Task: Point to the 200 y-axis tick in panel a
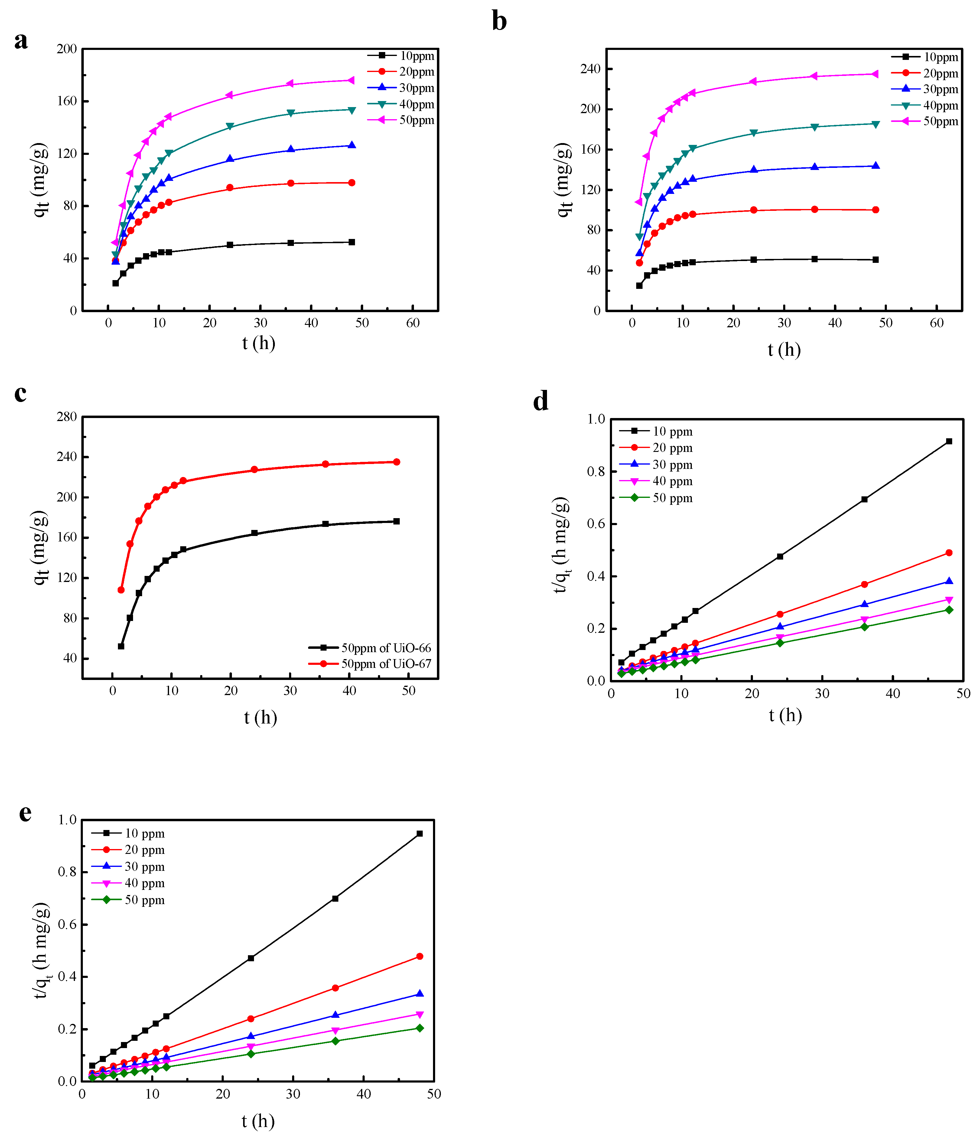click(x=67, y=49)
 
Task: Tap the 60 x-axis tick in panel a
click(x=413, y=323)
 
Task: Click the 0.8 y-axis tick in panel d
click(x=596, y=471)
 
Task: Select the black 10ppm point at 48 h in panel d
click(x=949, y=441)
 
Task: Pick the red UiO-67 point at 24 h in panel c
click(x=254, y=470)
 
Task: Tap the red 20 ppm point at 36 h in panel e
click(x=335, y=988)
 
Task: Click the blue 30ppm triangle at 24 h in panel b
click(x=754, y=170)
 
